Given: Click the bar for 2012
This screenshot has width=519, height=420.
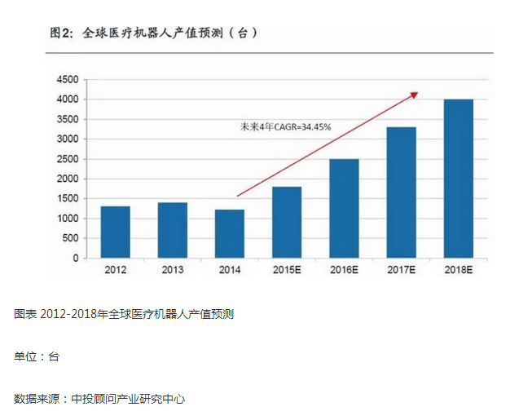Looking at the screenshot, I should tap(115, 232).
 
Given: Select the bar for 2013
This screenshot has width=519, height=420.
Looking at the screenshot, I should tap(172, 231).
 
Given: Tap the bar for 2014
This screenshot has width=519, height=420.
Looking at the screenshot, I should tap(229, 234).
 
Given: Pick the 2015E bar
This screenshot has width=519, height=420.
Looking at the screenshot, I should tap(287, 223).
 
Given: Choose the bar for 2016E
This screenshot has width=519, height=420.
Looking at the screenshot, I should tap(344, 209).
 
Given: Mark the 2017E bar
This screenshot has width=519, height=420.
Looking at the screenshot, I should tap(401, 192).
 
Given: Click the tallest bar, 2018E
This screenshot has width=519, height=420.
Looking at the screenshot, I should tap(458, 179).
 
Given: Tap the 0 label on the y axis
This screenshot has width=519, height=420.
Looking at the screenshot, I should tap(75, 259).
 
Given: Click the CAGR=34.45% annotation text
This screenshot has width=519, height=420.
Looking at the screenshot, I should tap(285, 126).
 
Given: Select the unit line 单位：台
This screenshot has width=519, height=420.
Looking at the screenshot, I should tap(37, 356).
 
